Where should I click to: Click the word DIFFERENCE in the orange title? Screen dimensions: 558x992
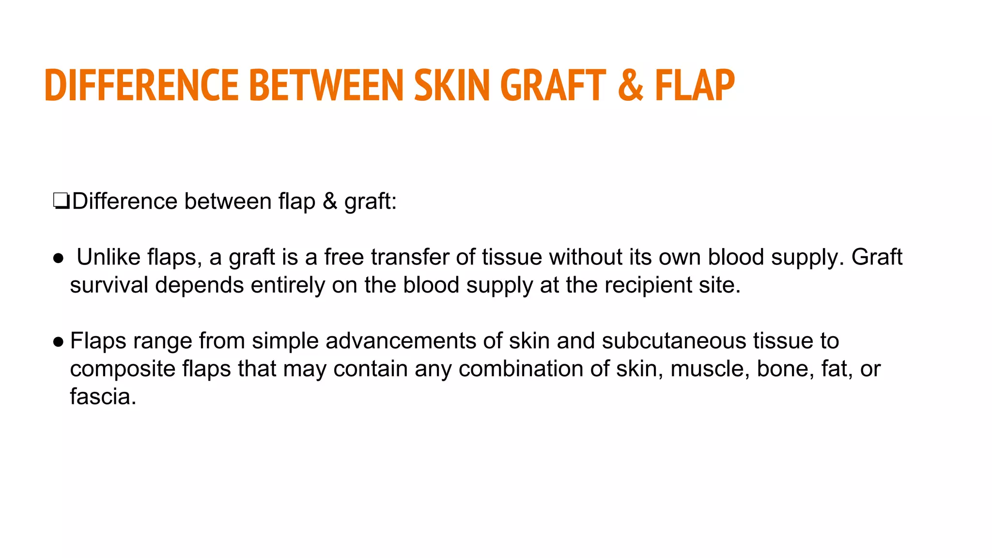click(x=141, y=85)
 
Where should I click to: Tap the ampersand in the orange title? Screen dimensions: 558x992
click(x=631, y=85)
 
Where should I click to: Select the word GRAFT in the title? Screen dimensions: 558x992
click(x=553, y=85)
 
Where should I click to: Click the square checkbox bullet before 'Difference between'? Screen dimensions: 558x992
click(x=61, y=201)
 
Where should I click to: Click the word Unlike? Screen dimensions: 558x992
click(x=108, y=257)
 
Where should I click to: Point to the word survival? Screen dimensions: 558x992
click(x=108, y=285)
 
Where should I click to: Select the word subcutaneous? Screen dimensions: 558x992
click(x=674, y=341)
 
